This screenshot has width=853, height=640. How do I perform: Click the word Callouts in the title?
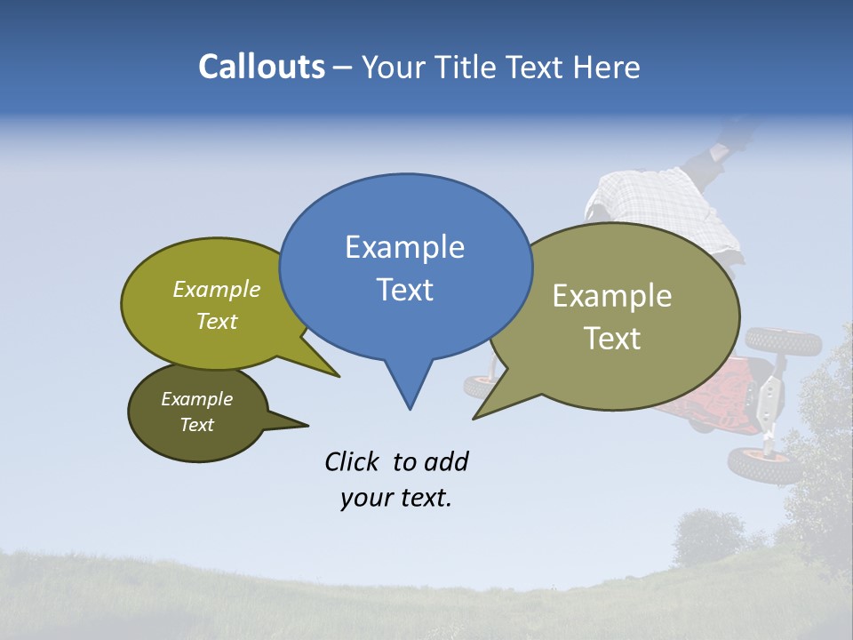click(x=261, y=67)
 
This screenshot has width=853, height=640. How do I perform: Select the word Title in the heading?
click(x=468, y=67)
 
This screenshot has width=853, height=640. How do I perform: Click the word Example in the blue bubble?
click(x=404, y=247)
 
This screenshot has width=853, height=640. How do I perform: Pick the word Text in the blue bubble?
click(x=404, y=290)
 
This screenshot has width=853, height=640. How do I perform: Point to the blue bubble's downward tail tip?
click(x=410, y=408)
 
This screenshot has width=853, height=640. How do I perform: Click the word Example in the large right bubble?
click(x=612, y=296)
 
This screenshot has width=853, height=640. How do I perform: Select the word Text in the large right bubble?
click(x=612, y=339)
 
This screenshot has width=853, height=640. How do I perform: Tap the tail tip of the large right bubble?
click(x=474, y=418)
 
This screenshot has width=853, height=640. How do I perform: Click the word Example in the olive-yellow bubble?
click(x=217, y=289)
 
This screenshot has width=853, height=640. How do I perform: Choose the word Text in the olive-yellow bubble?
click(x=217, y=321)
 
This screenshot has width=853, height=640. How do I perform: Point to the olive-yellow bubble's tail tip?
click(x=339, y=376)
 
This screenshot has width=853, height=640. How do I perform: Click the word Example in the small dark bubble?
click(x=196, y=399)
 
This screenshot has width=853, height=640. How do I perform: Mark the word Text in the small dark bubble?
click(x=196, y=425)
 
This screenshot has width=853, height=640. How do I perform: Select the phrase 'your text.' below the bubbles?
click(x=395, y=498)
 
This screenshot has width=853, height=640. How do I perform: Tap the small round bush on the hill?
click(x=708, y=536)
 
